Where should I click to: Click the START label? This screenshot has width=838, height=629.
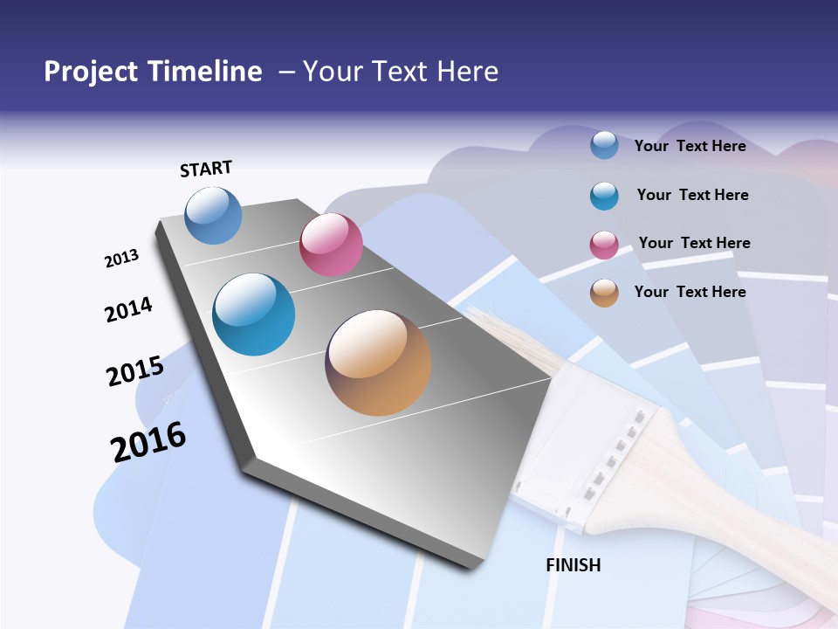coord(206,169)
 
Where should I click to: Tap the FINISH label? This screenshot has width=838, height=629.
coord(574,565)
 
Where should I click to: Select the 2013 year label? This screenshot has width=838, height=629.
coord(122,258)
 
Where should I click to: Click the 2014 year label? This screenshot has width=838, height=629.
coord(128,309)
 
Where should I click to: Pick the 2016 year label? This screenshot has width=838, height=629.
coord(148,441)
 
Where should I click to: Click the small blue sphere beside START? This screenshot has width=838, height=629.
coord(213,215)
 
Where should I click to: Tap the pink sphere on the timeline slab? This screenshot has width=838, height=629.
coord(331,245)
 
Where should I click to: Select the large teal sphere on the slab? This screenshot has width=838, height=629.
coord(253,314)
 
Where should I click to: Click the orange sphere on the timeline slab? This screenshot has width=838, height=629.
coord(378,363)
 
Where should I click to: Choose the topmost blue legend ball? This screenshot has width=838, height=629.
coord(604,145)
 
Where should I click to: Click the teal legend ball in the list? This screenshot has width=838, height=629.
coord(604,196)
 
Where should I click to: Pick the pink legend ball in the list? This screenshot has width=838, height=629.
coord(604,245)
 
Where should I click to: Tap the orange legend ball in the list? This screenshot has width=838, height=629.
coord(604,293)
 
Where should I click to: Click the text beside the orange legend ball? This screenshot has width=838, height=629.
coord(690,292)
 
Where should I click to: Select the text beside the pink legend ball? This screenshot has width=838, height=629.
coord(694,243)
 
